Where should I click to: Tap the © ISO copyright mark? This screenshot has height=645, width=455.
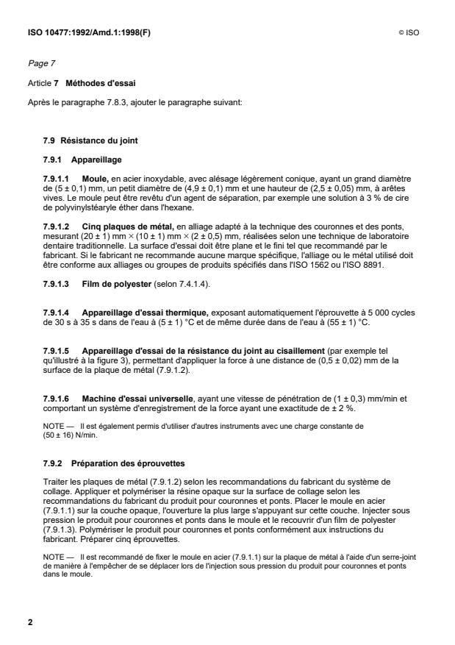pyautogui.click(x=409, y=33)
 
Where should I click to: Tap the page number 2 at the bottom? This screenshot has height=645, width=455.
pyautogui.click(x=30, y=623)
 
